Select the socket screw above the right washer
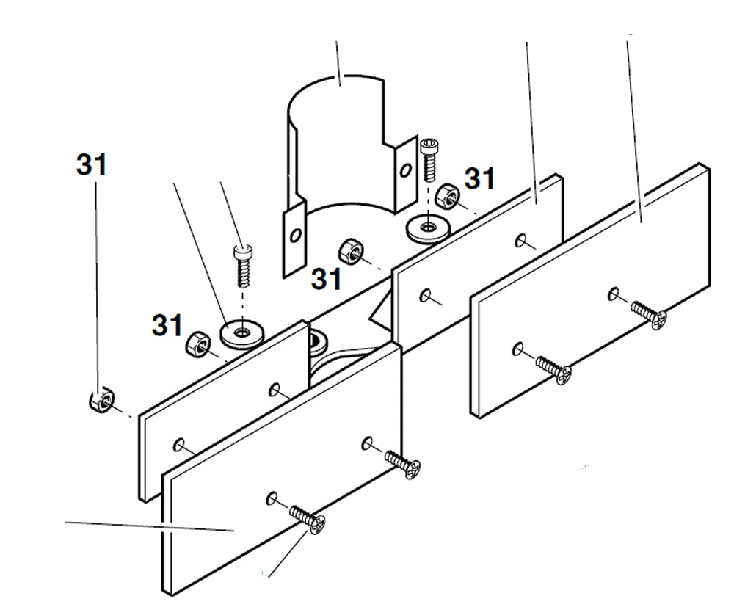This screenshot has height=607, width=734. click(429, 157)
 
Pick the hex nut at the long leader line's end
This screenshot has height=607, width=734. click(101, 401)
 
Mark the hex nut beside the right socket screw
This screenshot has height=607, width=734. click(447, 195)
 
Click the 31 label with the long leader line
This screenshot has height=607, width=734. click(92, 166)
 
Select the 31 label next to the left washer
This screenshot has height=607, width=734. click(167, 324)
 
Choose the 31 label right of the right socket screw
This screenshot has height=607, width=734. click(480, 178)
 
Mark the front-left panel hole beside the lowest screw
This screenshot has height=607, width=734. click(272, 498)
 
